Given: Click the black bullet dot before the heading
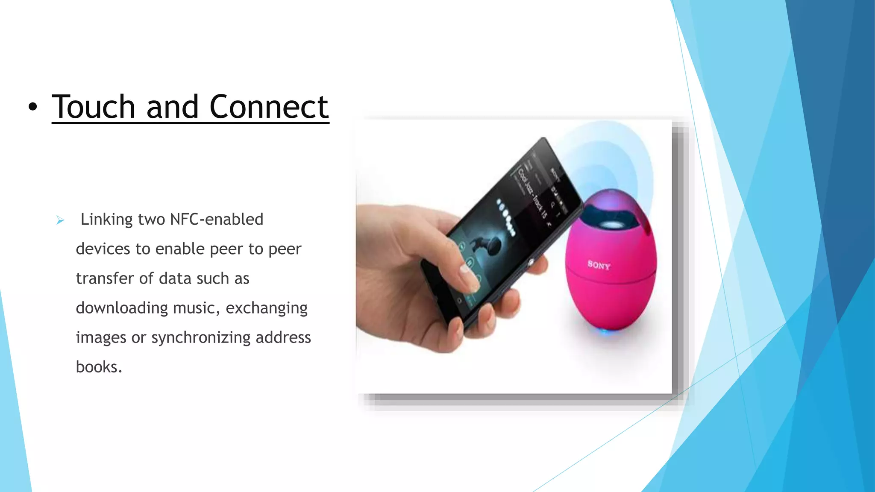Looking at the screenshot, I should tap(33, 108).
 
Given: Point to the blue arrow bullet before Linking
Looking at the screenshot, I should tap(60, 220).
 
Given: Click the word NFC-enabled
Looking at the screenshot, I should tap(217, 220).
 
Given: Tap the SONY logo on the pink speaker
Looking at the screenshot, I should tap(599, 265).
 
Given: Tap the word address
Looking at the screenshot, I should tap(283, 337).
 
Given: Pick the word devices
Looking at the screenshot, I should tap(103, 249).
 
